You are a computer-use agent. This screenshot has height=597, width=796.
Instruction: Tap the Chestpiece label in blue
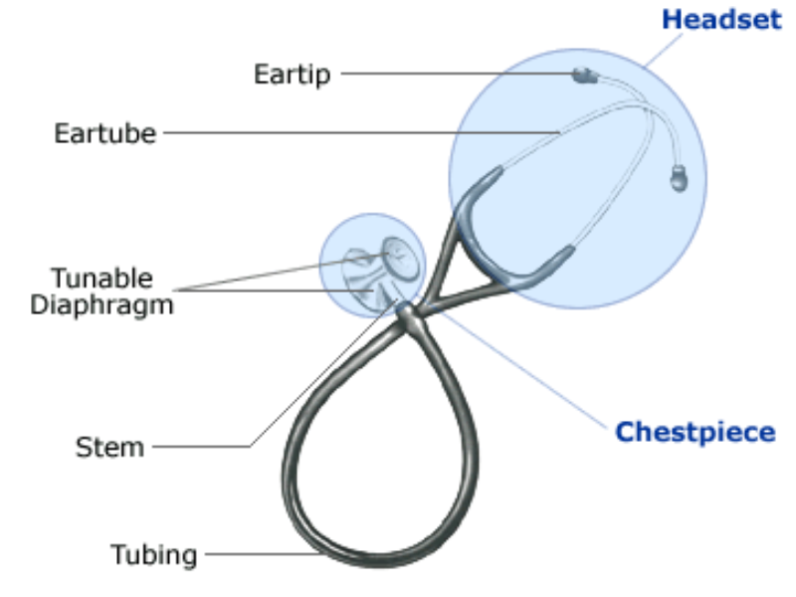pyautogui.click(x=695, y=432)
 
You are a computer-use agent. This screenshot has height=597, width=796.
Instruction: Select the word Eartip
pyautogui.click(x=292, y=74)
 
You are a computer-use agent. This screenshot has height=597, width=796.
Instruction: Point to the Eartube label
pyautogui.click(x=104, y=132)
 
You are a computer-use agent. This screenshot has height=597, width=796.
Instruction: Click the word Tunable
pyautogui.click(x=102, y=277)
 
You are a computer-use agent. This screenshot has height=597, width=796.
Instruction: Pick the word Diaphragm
pyautogui.click(x=101, y=304)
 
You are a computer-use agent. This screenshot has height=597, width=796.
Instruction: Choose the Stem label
pyautogui.click(x=109, y=447)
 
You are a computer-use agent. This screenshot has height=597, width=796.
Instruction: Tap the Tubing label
pyautogui.click(x=154, y=553)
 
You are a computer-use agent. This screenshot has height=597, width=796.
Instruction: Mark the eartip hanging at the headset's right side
pyautogui.click(x=679, y=179)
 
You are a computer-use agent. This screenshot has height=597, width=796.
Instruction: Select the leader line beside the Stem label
pyautogui.click(x=199, y=447)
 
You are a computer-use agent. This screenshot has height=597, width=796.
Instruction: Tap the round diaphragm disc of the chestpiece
pyautogui.click(x=400, y=257)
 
